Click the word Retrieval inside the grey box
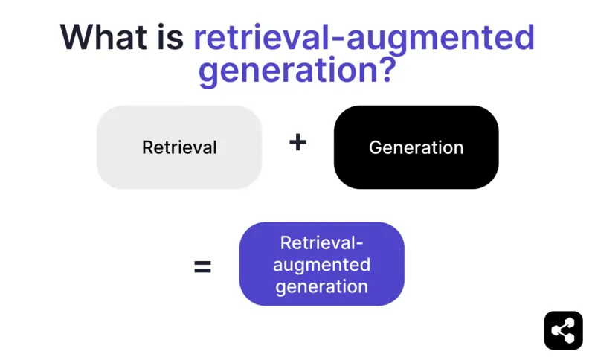[x=179, y=147]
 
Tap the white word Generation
[x=416, y=147]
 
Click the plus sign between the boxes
[x=297, y=142]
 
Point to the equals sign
[x=202, y=266]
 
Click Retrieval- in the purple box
[x=321, y=242]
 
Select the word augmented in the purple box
[x=321, y=265]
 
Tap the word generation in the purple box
[x=321, y=286]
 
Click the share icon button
[x=563, y=330]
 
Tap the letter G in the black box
[x=376, y=147]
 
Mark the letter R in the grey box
[x=147, y=147]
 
